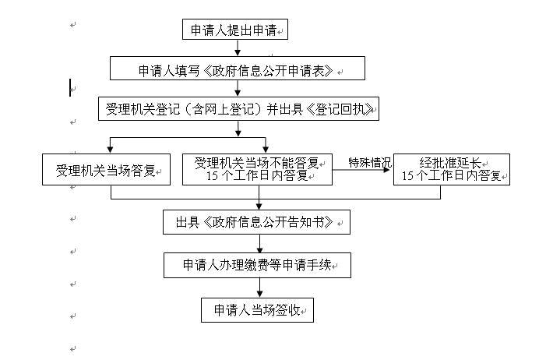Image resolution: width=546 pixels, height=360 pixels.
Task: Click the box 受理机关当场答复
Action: click(x=106, y=169)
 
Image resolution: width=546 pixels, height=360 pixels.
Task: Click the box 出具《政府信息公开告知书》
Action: click(x=256, y=222)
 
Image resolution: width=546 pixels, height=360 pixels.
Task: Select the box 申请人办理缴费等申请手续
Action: click(x=257, y=265)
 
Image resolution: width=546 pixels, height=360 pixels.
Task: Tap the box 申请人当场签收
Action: click(x=257, y=310)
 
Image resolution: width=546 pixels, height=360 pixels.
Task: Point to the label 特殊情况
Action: click(x=369, y=162)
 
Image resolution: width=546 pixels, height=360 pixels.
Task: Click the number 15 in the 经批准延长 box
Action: click(x=407, y=176)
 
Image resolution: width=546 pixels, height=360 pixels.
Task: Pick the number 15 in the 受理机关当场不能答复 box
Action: click(x=212, y=176)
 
